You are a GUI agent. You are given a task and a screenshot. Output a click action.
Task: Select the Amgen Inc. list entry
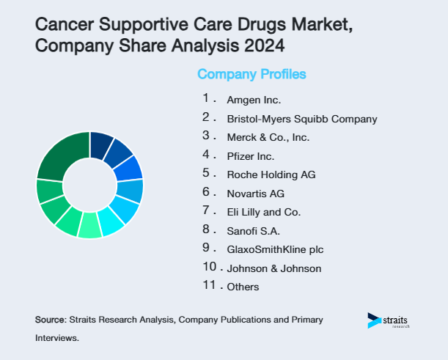(x=254, y=100)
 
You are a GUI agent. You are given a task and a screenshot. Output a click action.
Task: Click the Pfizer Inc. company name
(x=250, y=156)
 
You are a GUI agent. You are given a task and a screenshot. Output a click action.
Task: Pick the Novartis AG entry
(x=255, y=194)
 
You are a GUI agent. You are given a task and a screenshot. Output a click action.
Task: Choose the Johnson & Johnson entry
(x=273, y=268)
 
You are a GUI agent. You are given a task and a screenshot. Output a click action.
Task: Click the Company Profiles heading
(x=251, y=74)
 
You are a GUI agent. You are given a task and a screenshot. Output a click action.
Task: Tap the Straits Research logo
(x=389, y=320)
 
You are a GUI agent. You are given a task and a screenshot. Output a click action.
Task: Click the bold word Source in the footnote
(x=50, y=320)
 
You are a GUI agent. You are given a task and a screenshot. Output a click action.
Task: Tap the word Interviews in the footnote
(x=56, y=339)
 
